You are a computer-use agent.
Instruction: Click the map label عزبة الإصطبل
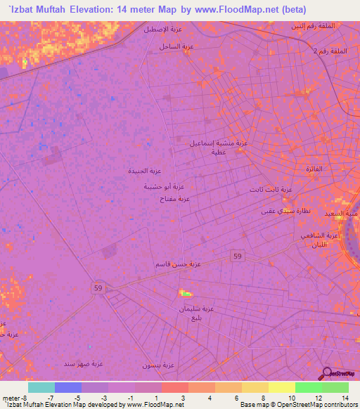coord(160,30)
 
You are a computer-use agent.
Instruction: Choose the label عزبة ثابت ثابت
coord(271,190)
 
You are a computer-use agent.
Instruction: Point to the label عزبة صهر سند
coord(84,363)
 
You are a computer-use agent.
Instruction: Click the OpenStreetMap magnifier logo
coord(326,375)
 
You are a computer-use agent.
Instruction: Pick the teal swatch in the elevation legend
coord(41,387)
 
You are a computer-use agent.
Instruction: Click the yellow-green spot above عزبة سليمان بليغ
coord(185,293)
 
